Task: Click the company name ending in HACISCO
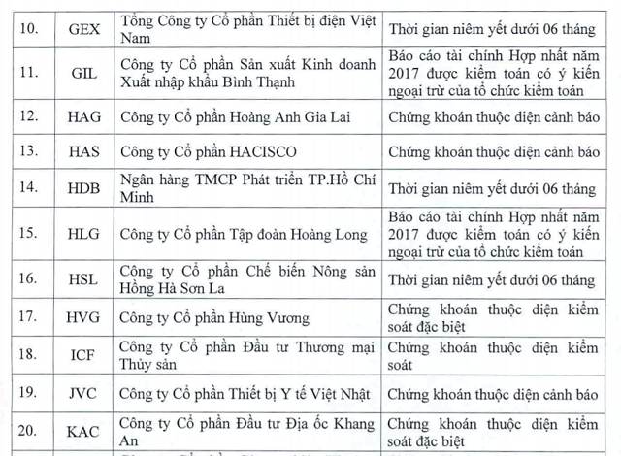pos(210,152)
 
